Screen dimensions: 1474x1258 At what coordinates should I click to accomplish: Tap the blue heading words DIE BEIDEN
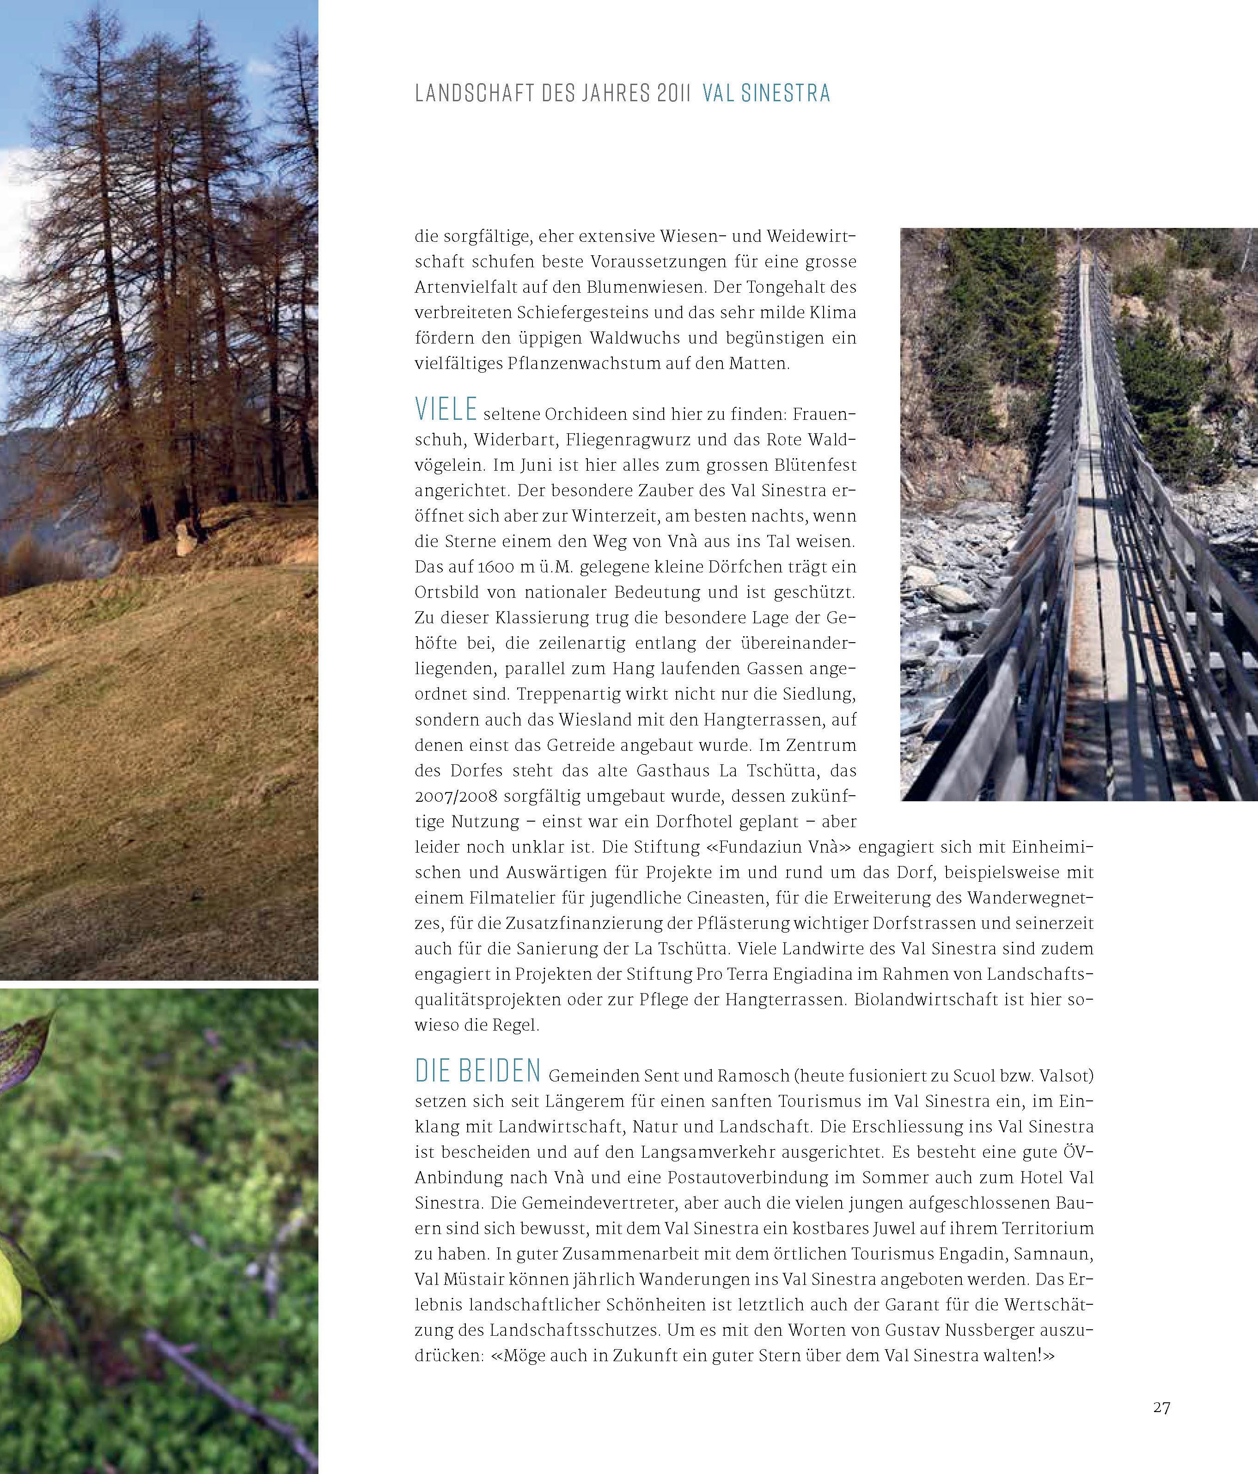478,1071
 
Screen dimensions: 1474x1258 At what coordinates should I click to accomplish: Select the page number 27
1162,1407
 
